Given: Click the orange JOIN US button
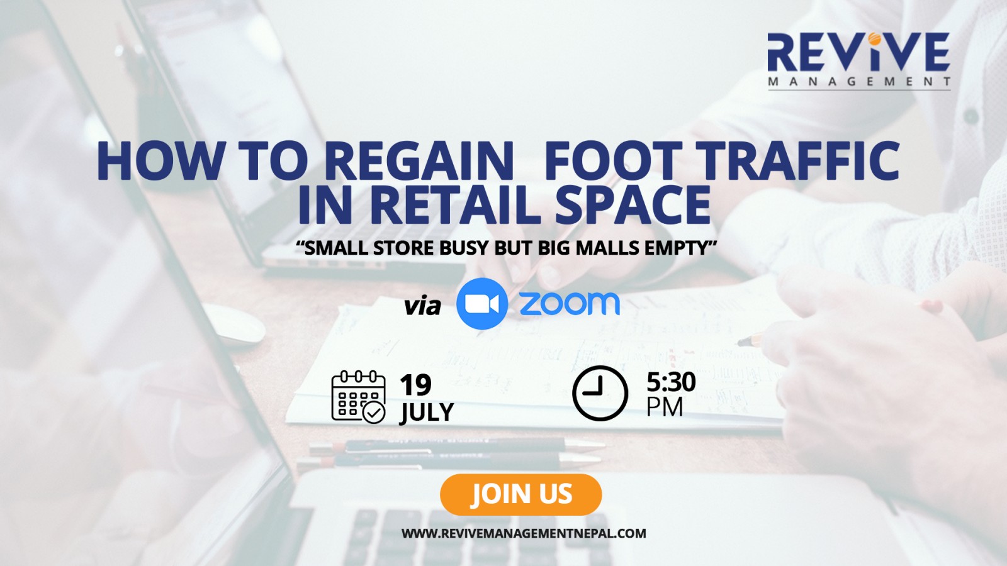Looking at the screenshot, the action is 520,494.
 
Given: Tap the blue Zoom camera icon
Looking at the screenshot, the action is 482,304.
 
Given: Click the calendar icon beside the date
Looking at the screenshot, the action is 358,397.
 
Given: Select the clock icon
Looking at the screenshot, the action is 600,393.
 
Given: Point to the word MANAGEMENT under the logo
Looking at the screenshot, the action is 859,82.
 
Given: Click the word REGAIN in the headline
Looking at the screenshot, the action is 418,160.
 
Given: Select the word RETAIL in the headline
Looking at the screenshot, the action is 456,205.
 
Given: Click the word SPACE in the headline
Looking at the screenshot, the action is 633,205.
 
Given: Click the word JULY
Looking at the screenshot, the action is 427,413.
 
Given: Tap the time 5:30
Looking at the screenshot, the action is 671,382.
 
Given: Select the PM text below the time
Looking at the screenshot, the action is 665,407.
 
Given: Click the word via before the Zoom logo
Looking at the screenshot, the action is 422,306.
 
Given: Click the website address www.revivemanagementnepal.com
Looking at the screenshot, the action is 524,533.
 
